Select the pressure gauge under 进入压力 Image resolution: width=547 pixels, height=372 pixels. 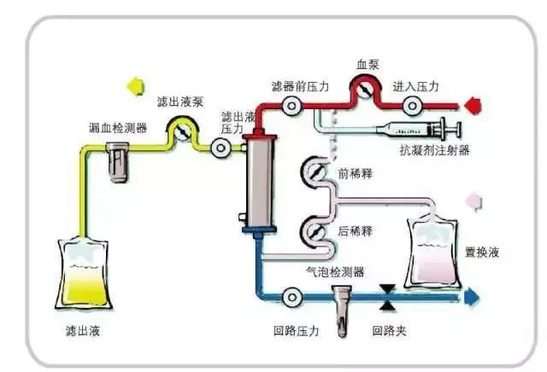413,105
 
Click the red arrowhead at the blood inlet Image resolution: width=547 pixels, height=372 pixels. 473,105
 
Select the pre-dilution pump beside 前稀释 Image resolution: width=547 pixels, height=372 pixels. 313,173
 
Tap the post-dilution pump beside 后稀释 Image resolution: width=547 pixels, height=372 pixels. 313,230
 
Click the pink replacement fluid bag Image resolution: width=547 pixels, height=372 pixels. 433,251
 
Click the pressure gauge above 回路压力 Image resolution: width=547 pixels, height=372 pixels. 292,297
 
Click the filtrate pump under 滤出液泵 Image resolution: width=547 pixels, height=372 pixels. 181,131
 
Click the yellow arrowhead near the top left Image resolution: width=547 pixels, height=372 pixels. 134,86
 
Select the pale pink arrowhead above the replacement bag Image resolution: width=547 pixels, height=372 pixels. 473,201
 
